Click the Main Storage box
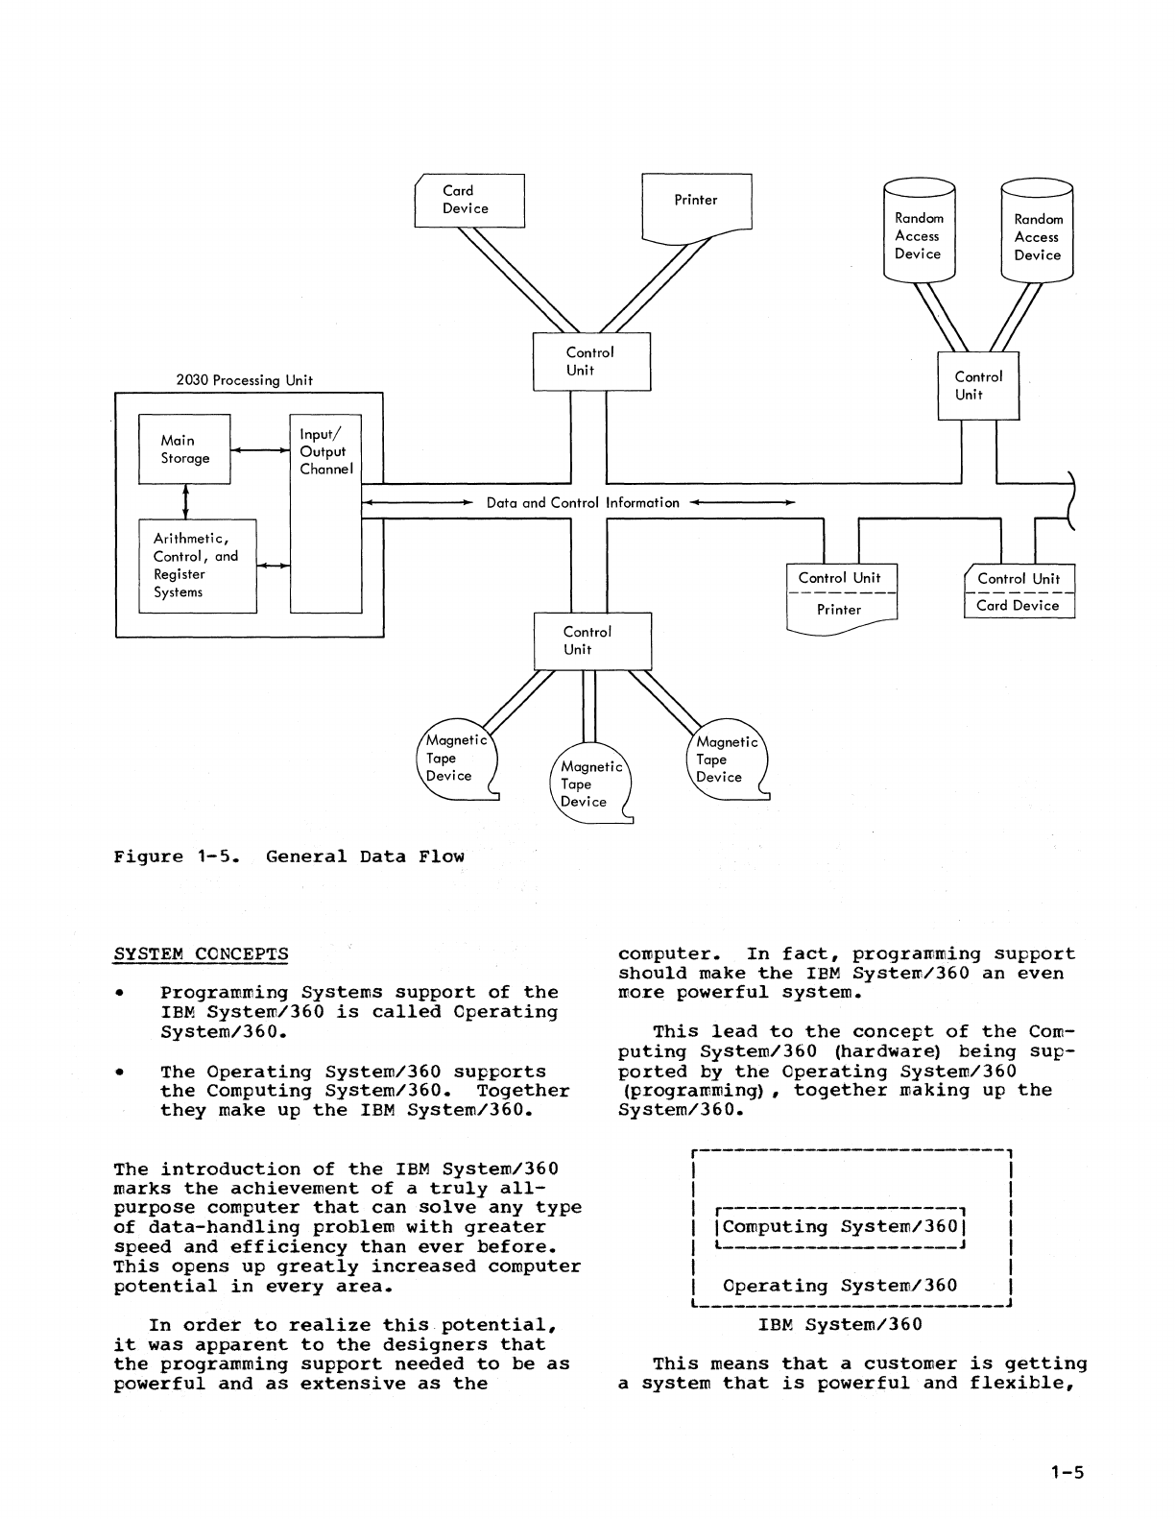point(184,449)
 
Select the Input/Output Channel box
point(325,514)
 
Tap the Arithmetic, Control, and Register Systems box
point(198,566)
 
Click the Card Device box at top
point(469,200)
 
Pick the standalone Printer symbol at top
point(696,203)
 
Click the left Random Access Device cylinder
point(918,231)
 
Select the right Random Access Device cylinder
point(1037,232)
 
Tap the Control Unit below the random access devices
point(978,385)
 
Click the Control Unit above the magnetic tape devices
point(592,640)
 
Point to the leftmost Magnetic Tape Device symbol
point(457,759)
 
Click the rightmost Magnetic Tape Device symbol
point(727,759)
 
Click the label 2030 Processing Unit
point(244,380)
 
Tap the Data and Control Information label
point(582,502)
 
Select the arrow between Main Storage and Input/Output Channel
point(259,449)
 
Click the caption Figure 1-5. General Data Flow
point(288,856)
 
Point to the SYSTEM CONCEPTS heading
point(201,954)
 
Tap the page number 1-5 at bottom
point(1067,1472)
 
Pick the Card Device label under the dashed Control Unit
point(1018,606)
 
